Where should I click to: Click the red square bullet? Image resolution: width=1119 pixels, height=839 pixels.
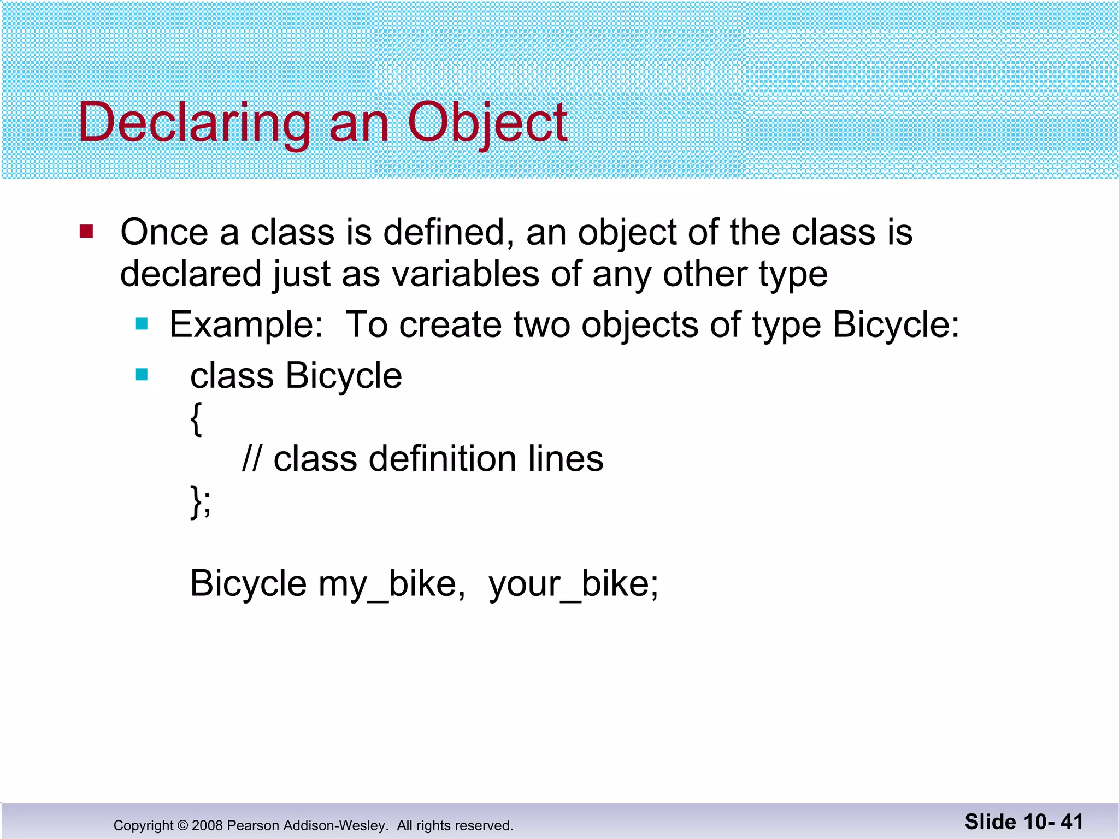coord(86,232)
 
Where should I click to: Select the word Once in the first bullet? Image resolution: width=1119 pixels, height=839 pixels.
coord(164,232)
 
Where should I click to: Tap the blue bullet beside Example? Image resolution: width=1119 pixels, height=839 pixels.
coord(142,324)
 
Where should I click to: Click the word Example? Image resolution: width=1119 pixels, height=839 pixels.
coord(246,325)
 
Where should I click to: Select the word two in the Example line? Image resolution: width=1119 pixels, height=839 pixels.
coord(541,325)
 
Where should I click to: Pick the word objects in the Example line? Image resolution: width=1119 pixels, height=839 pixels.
coord(639,325)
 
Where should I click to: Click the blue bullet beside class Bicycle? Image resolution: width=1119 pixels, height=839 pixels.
coord(142,375)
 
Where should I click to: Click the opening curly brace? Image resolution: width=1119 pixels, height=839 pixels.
coord(196,418)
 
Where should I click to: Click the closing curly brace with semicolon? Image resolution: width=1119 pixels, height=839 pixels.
coord(201,501)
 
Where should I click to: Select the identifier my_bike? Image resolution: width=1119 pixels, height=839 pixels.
coord(392,584)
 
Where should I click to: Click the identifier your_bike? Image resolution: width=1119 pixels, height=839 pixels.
coord(574,584)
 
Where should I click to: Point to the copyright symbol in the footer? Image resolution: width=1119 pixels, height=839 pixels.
coord(182,825)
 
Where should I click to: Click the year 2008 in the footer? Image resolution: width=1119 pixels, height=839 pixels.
coord(207,825)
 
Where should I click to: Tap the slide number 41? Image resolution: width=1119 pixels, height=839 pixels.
coord(1072,822)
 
